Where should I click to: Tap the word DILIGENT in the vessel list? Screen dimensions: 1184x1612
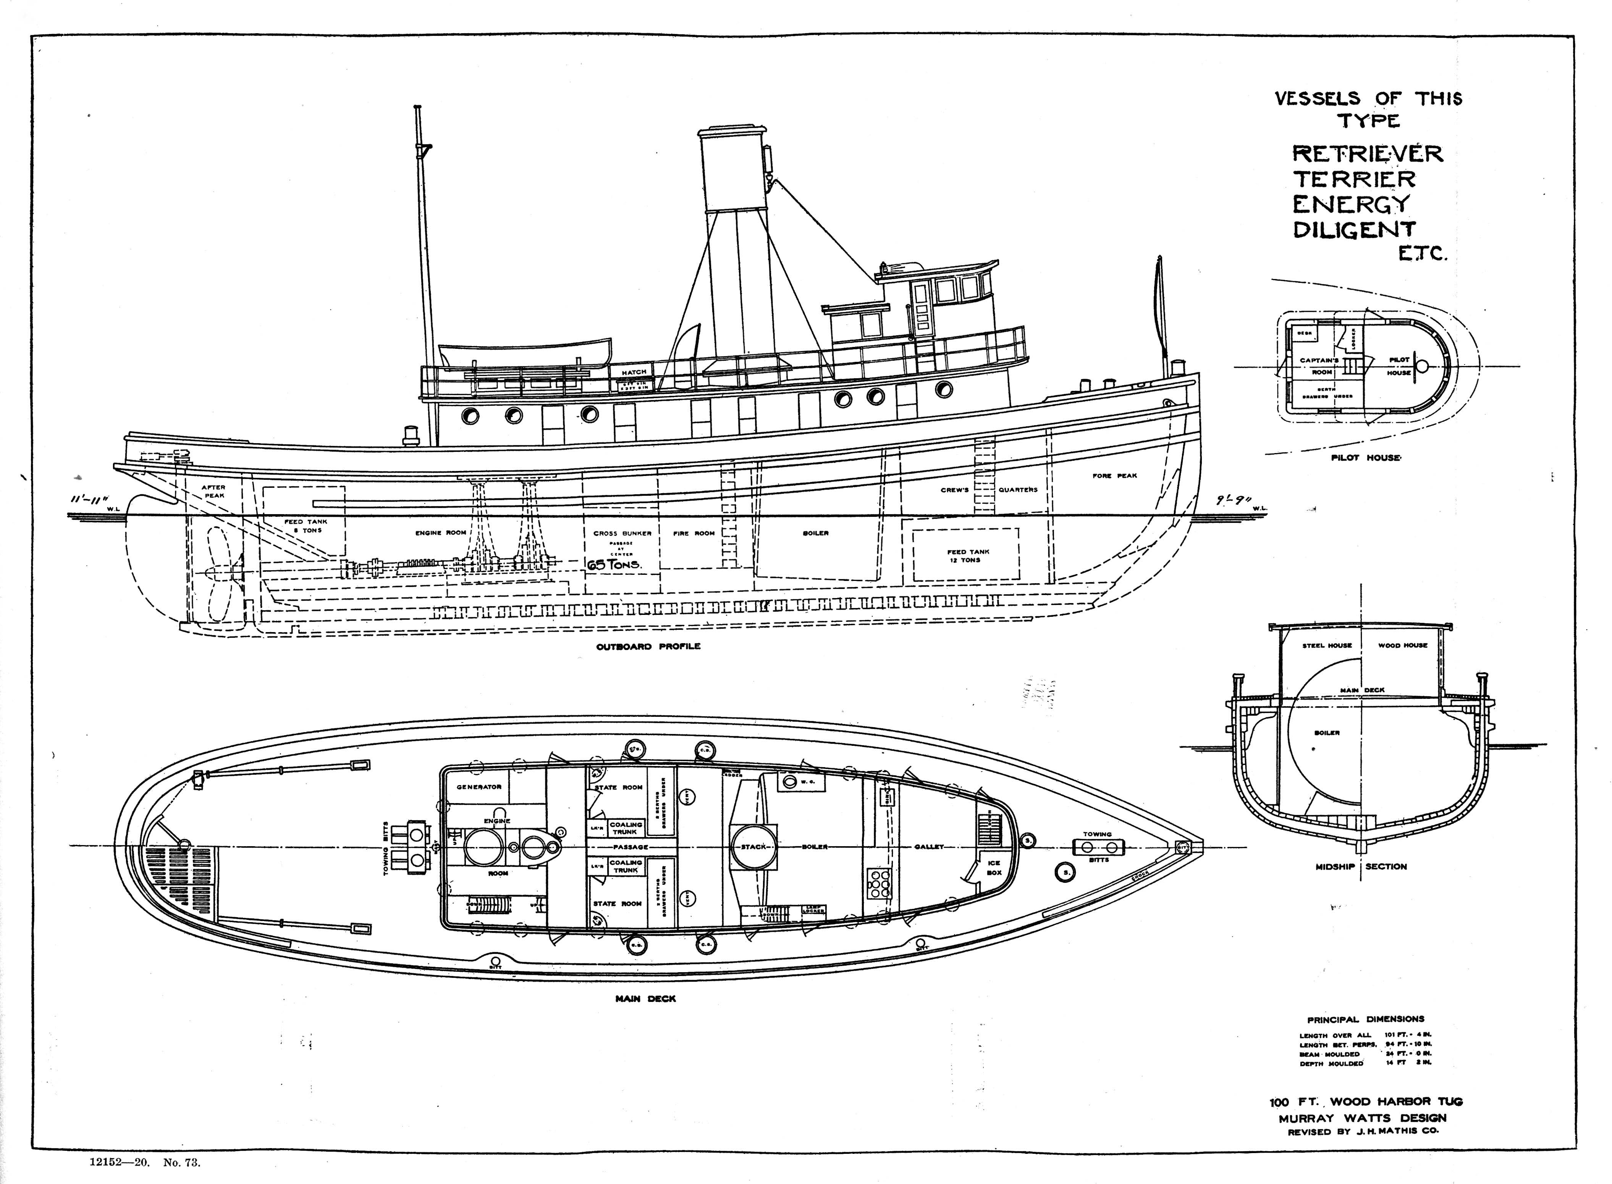1354,229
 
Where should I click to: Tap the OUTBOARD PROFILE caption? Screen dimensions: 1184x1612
648,647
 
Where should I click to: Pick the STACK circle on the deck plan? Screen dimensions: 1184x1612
753,847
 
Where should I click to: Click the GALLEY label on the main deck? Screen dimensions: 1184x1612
929,847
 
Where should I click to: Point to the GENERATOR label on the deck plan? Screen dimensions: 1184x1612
479,787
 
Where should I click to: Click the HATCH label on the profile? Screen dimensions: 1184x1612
634,372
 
